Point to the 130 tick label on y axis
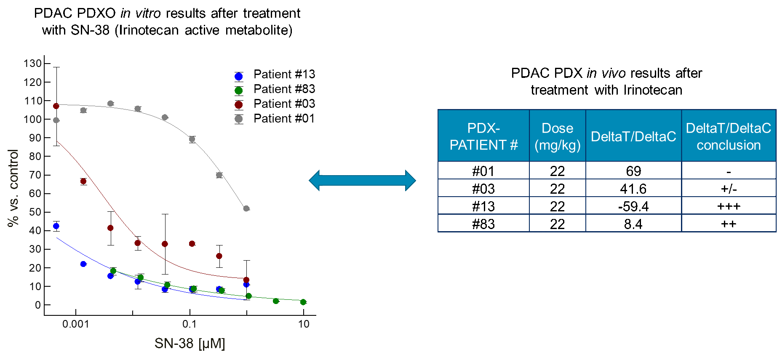[x=32, y=64]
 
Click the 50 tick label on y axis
[x=35, y=212]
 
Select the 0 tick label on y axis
[x=38, y=305]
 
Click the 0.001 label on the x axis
[x=76, y=324]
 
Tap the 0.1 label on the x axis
[x=190, y=324]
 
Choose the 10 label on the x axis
[x=304, y=324]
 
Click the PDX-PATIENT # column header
[x=483, y=136]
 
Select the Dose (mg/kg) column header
[x=557, y=136]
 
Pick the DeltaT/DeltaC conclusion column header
[x=729, y=136]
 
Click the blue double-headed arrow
[x=362, y=181]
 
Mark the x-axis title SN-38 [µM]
[x=190, y=344]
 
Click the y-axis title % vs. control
[x=13, y=188]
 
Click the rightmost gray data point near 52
[x=246, y=208]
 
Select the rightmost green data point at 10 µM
[x=303, y=302]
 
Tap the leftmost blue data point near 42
[x=56, y=226]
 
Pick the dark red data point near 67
[x=83, y=181]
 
